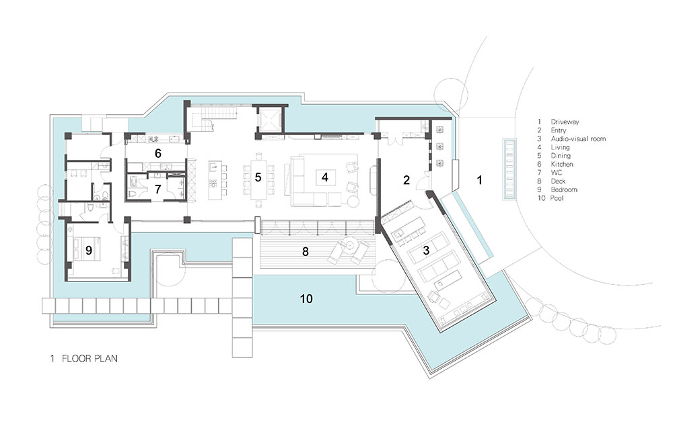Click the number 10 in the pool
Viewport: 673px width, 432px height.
pos(306,298)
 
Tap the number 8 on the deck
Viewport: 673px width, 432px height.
pos(305,251)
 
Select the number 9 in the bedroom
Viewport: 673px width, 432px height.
pos(88,250)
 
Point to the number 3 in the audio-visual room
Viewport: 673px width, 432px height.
pos(426,250)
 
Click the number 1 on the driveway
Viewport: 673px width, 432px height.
pos(480,180)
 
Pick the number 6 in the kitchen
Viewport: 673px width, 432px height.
pos(158,153)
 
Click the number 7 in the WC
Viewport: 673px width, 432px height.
pos(158,189)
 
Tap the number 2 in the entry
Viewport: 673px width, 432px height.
pos(406,180)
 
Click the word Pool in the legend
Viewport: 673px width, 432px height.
pos(557,198)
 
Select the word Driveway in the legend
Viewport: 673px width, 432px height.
pos(565,122)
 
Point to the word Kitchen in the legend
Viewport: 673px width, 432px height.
pos(562,164)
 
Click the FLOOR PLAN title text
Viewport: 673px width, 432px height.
pos(90,358)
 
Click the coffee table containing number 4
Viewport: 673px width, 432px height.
pos(325,177)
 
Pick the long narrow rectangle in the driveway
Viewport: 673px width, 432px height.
pos(509,169)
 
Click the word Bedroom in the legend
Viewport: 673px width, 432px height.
pos(564,189)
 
